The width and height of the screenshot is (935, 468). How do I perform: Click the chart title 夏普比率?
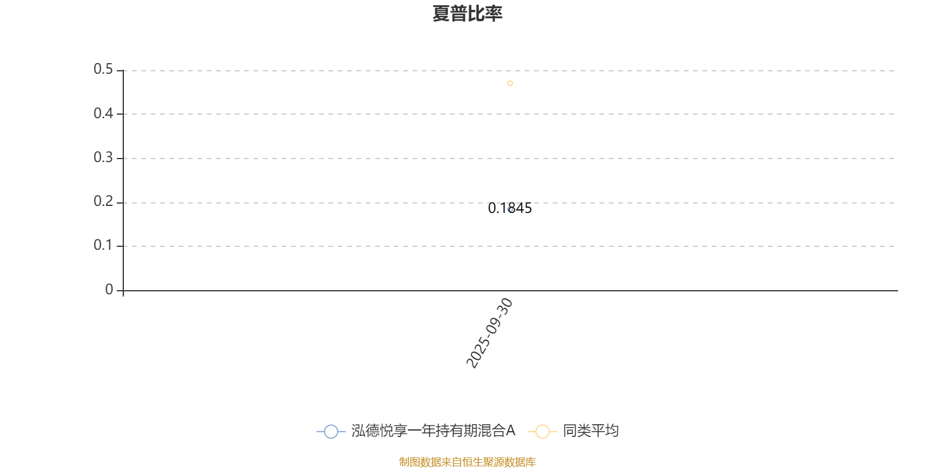pyautogui.click(x=467, y=13)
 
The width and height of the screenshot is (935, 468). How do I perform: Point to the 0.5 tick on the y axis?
pyautogui.click(x=103, y=69)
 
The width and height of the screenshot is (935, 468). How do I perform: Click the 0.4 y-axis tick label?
pyautogui.click(x=103, y=113)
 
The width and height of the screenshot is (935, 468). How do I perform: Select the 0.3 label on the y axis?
pyautogui.click(x=103, y=157)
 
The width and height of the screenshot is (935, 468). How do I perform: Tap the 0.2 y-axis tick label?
pyautogui.click(x=103, y=201)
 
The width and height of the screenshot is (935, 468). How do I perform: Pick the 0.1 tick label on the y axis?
pyautogui.click(x=103, y=245)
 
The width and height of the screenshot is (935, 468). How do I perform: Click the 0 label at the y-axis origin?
pyautogui.click(x=109, y=290)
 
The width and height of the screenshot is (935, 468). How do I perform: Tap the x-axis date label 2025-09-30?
pyautogui.click(x=489, y=333)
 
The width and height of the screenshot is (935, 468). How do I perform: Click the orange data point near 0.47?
pyautogui.click(x=510, y=84)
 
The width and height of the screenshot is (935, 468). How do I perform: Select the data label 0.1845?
pyautogui.click(x=510, y=208)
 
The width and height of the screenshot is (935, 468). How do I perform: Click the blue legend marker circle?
pyautogui.click(x=331, y=431)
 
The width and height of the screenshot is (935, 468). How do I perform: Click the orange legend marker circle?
pyautogui.click(x=543, y=431)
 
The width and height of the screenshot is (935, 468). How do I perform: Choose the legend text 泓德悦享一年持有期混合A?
pyautogui.click(x=433, y=431)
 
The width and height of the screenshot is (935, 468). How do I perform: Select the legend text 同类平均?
pyautogui.click(x=591, y=431)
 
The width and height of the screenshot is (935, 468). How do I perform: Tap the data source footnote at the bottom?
pyautogui.click(x=467, y=462)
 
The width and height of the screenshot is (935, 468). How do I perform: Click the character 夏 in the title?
pyautogui.click(x=441, y=13)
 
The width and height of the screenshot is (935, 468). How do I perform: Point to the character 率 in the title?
pyautogui.click(x=493, y=13)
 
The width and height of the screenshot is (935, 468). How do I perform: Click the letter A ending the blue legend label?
pyautogui.click(x=511, y=431)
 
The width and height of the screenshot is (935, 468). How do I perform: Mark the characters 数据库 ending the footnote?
pyautogui.click(x=520, y=462)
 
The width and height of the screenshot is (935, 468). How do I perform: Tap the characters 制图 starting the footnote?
pyautogui.click(x=410, y=462)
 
